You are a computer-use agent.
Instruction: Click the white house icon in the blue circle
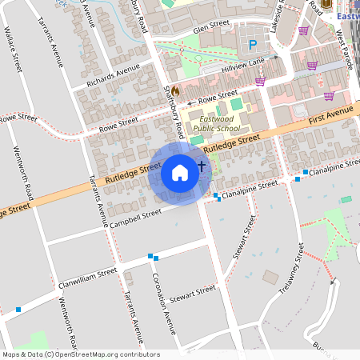pos(180,172)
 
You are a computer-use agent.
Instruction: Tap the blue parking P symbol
pos(253,45)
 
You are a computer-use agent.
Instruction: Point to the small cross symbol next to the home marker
pos(202,166)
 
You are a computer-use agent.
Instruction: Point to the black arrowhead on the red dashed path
pos(334,282)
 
